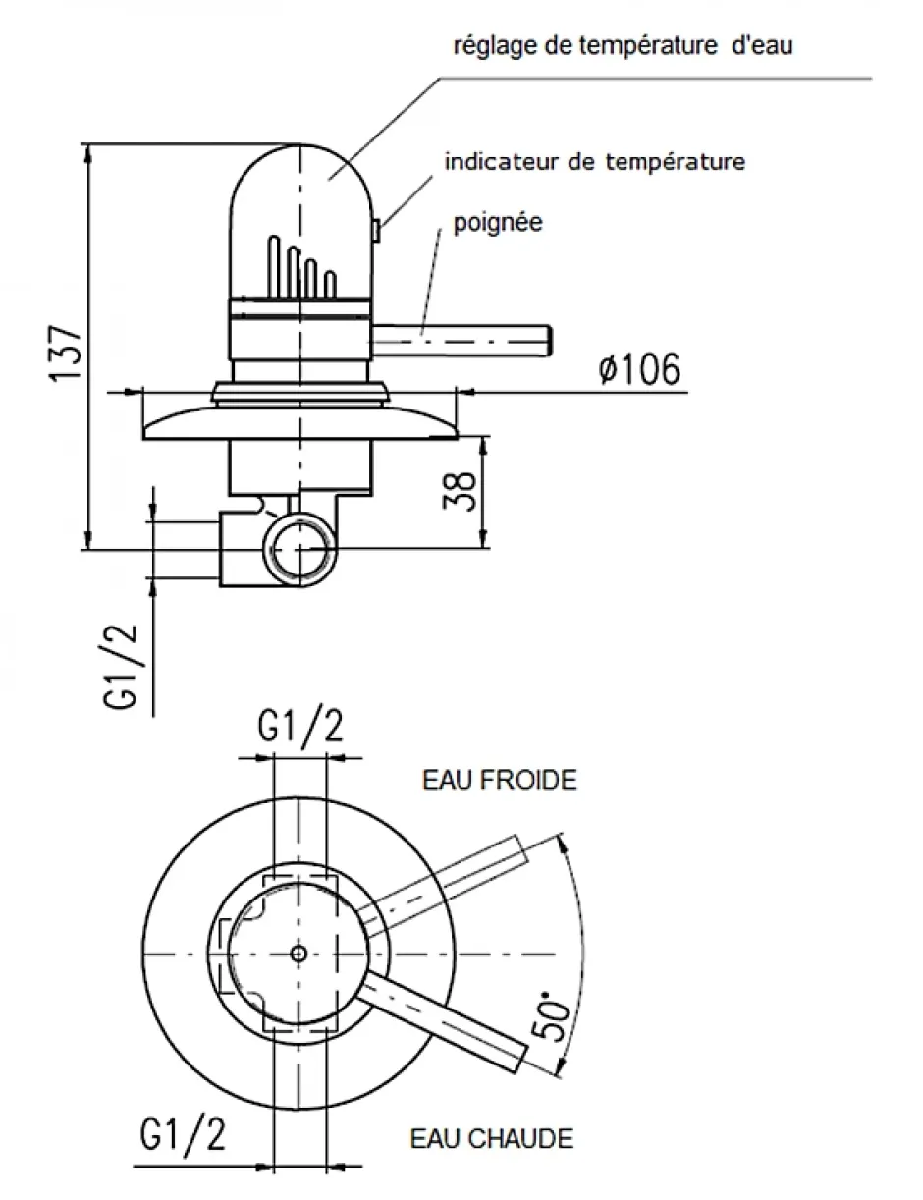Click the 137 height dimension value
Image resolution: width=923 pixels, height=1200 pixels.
tap(66, 354)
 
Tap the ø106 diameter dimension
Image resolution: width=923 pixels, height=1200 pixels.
tap(639, 369)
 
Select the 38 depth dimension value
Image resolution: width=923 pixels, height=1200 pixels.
tap(460, 490)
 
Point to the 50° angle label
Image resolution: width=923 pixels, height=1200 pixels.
tap(551, 1016)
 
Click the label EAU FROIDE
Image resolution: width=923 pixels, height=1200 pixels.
tap(500, 781)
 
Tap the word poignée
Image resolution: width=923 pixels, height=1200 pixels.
tap(498, 223)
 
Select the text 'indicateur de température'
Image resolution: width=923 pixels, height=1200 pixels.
tap(595, 162)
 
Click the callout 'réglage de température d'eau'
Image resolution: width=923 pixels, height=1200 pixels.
tap(623, 45)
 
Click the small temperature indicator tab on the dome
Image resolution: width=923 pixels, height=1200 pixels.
tap(375, 230)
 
